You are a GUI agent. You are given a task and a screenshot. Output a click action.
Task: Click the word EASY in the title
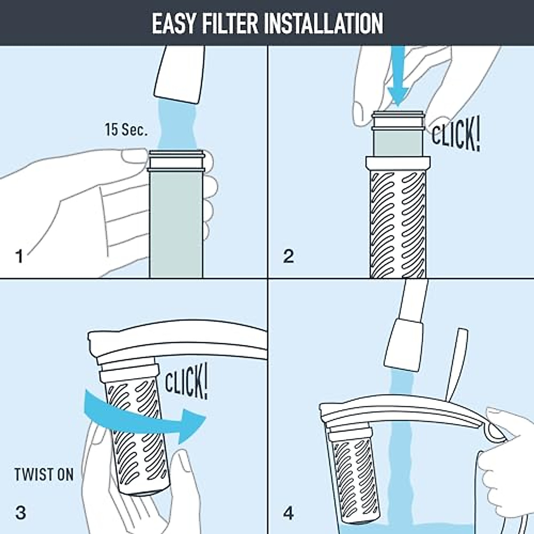[x=174, y=23]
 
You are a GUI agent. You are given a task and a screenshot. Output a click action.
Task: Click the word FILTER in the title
[x=228, y=23]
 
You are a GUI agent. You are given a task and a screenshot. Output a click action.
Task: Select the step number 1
[x=19, y=256]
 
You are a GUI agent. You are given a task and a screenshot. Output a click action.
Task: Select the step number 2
[x=288, y=256]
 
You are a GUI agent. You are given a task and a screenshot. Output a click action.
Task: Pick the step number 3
[x=20, y=513]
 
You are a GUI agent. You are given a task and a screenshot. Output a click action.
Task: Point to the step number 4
[x=288, y=513]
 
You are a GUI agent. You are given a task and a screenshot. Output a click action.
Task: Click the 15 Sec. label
[x=125, y=130]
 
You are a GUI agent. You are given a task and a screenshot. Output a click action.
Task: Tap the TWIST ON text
[x=44, y=474]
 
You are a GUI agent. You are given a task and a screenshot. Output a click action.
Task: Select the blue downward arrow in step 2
[x=397, y=76]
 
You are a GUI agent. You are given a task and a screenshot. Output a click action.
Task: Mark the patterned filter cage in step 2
[x=397, y=222]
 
